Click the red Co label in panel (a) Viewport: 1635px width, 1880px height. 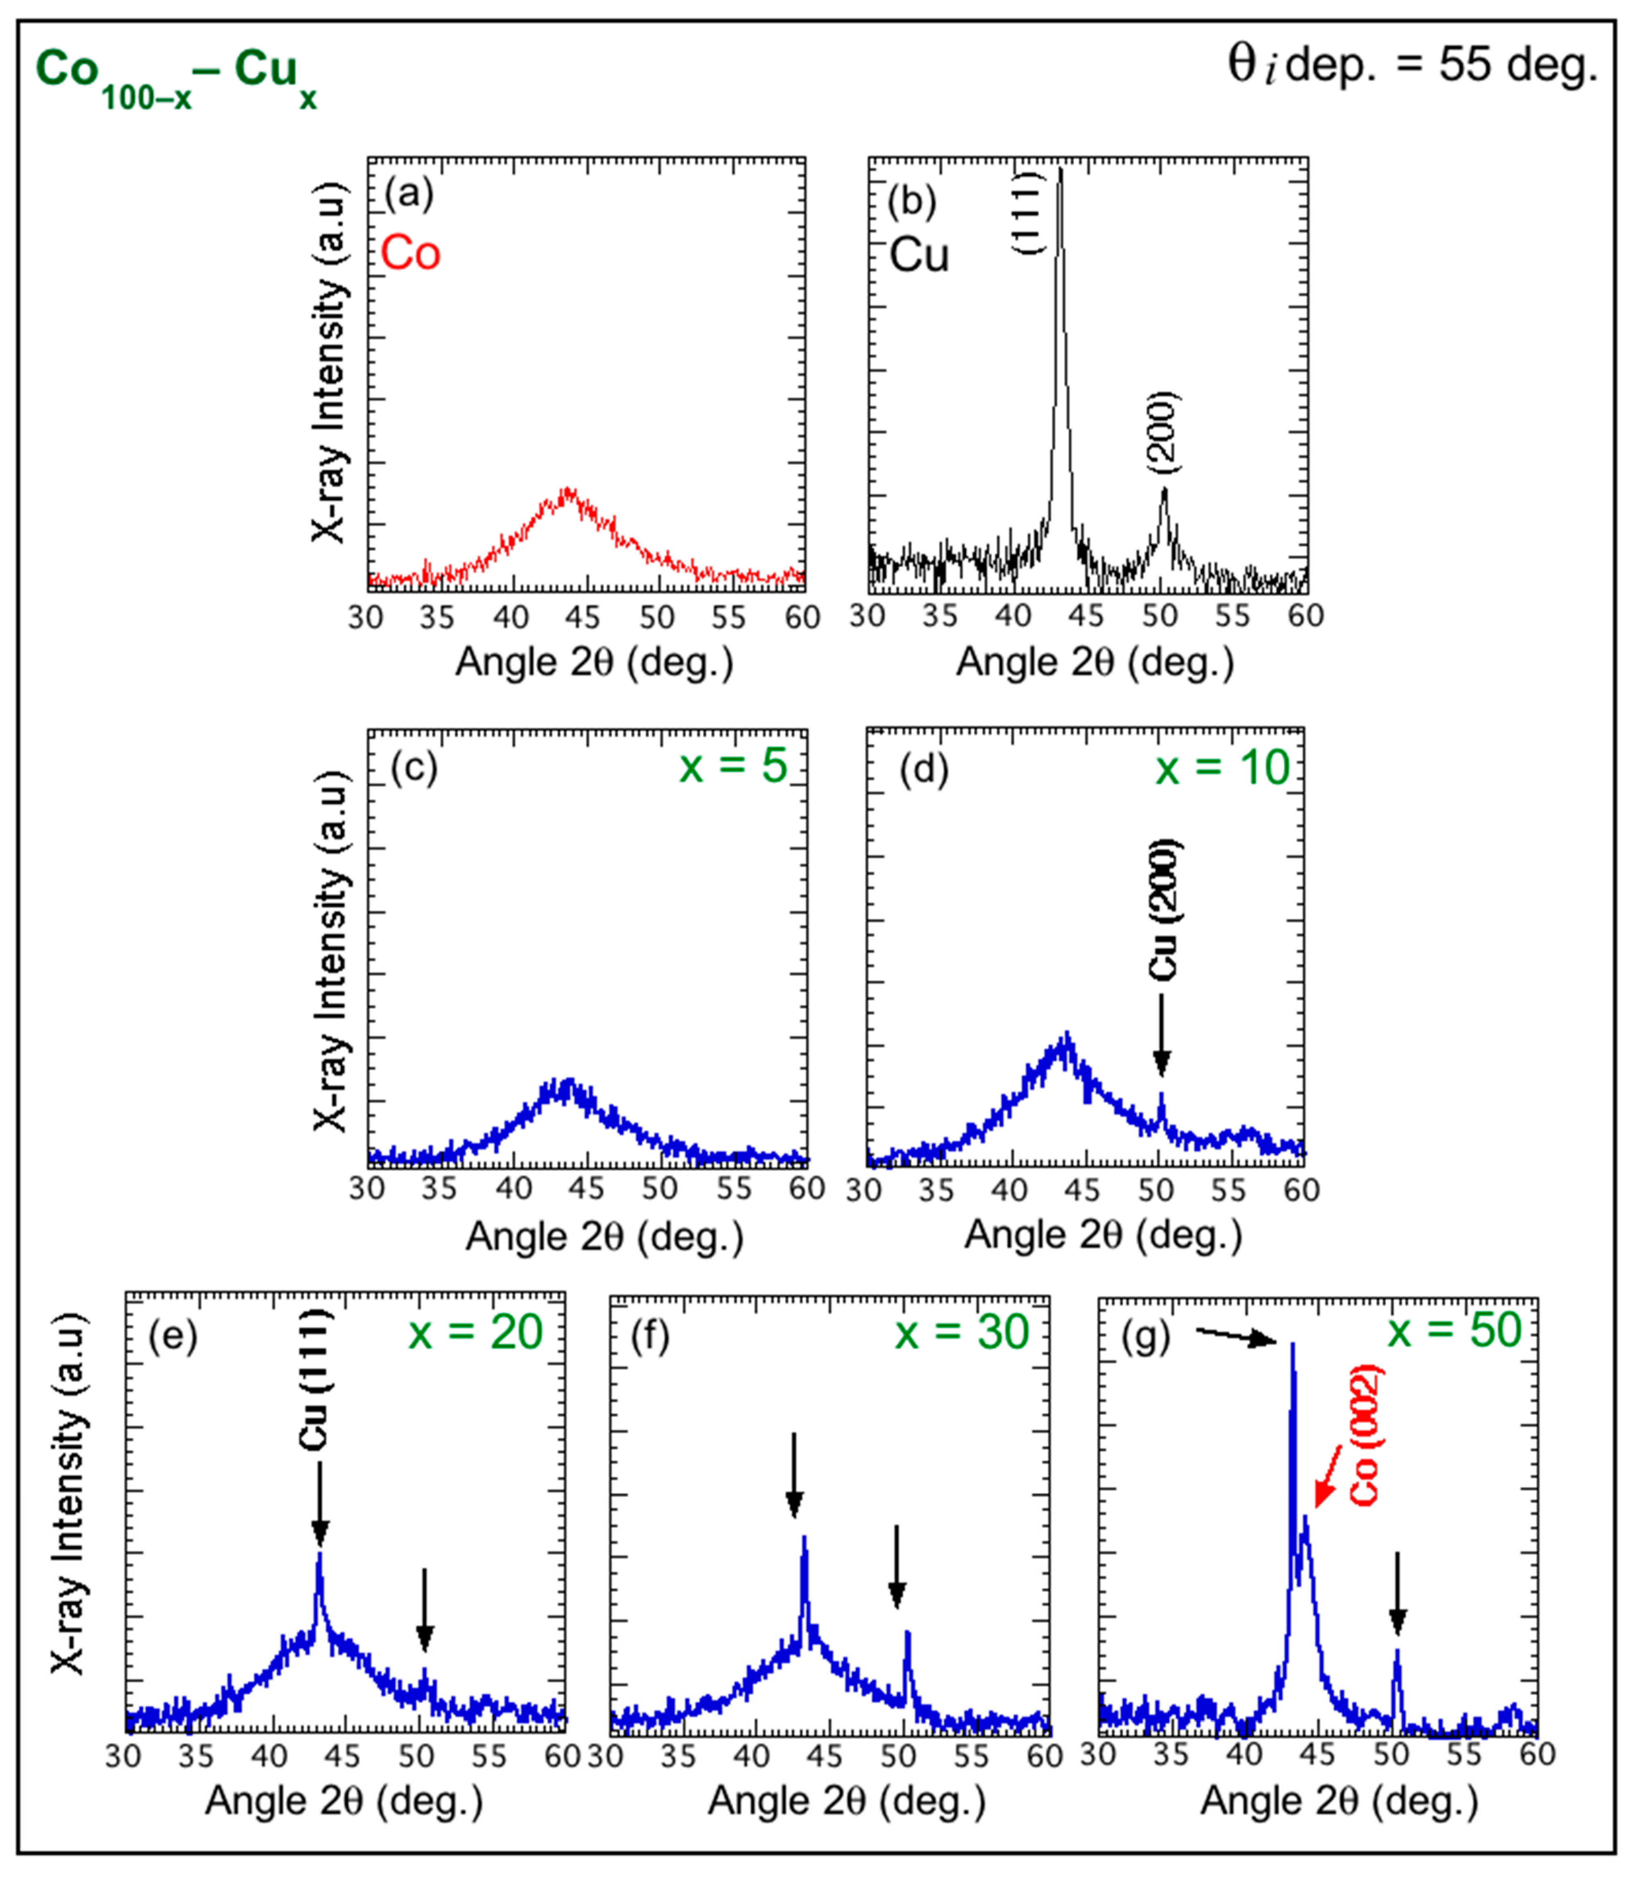tap(411, 253)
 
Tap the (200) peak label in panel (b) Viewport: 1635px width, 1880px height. tap(1163, 433)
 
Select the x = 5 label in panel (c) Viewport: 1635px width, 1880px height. tap(733, 765)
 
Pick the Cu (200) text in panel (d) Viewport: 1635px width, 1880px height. tap(1163, 910)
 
